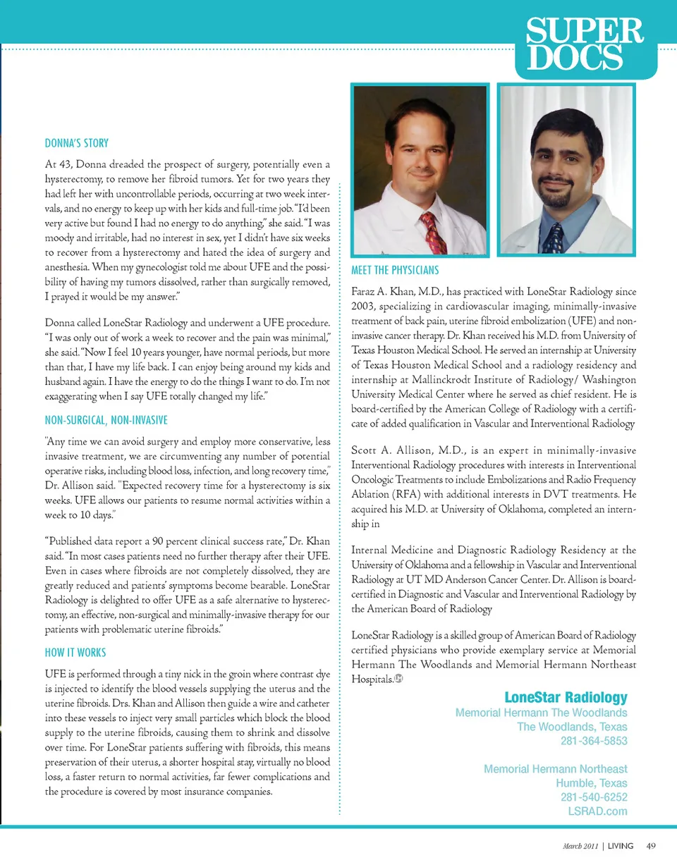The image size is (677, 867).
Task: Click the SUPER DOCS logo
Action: click(585, 45)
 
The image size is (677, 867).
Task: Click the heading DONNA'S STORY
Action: click(76, 143)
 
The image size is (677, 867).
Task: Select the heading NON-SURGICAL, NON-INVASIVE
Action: click(106, 421)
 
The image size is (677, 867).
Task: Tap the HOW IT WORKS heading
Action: click(75, 653)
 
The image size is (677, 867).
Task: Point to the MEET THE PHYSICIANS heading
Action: click(394, 270)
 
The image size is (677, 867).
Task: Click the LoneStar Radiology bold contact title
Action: click(566, 697)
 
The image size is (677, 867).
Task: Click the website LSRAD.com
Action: click(597, 811)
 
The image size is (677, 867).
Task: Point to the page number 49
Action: click(651, 845)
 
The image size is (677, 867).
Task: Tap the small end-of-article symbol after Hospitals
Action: click(398, 679)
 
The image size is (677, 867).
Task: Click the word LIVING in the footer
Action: click(621, 845)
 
